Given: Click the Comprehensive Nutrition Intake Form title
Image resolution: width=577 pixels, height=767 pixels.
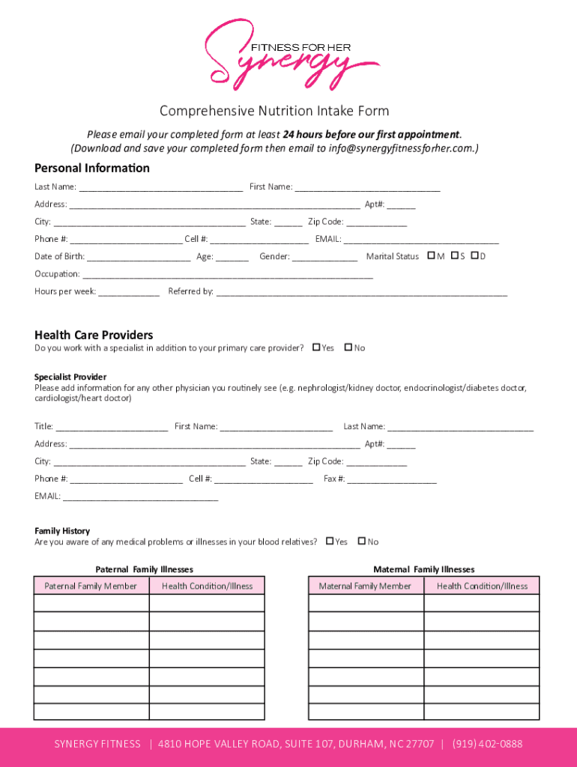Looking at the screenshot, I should tap(274, 112).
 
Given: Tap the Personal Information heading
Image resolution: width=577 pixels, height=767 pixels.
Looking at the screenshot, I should tap(92, 168).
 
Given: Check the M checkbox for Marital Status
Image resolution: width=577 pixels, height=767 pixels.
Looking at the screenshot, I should tap(431, 256).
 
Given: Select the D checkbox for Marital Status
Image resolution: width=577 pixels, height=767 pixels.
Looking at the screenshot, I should tap(474, 256).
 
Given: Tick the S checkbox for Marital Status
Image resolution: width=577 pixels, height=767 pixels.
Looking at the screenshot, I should tap(454, 256).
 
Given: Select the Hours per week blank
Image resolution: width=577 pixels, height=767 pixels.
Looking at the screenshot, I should tap(129, 293).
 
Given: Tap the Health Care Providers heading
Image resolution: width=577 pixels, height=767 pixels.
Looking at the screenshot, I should tap(94, 335).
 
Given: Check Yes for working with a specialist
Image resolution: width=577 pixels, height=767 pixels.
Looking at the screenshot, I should tap(316, 348).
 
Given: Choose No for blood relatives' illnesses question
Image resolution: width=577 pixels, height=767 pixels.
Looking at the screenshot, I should tap(362, 542).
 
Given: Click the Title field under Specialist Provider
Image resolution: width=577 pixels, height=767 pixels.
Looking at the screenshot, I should tap(112, 428).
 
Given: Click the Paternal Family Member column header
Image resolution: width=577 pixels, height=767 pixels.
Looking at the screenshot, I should tap(91, 586).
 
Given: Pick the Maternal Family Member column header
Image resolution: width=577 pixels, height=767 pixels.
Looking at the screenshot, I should tap(365, 586).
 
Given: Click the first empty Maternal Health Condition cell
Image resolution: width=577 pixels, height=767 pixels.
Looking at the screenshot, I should tap(482, 604).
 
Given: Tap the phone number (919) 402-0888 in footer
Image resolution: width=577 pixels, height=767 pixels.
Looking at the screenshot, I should tap(487, 744).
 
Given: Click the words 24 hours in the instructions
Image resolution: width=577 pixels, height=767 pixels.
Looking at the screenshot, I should tap(303, 135).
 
